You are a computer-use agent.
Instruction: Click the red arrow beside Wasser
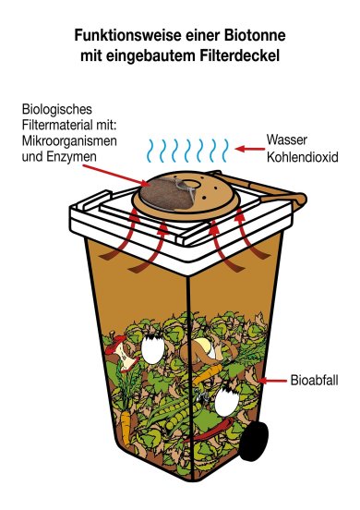(249, 147)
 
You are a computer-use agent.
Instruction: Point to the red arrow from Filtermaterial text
(138, 171)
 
